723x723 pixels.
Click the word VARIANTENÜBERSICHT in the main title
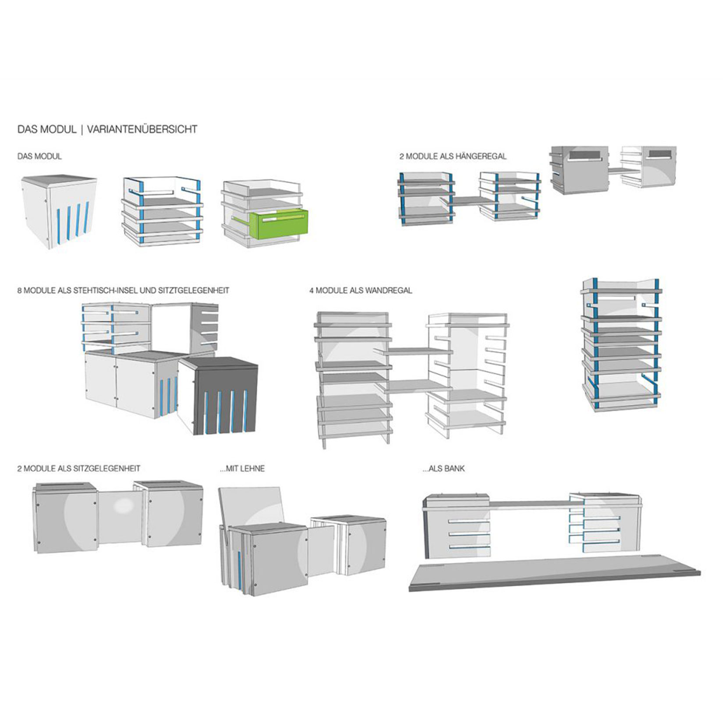(x=142, y=129)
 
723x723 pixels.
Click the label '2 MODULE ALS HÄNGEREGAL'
(x=453, y=156)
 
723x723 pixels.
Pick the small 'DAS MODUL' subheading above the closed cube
(x=39, y=156)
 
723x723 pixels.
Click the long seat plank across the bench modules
(x=530, y=504)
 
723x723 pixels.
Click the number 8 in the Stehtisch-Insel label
(x=20, y=291)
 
